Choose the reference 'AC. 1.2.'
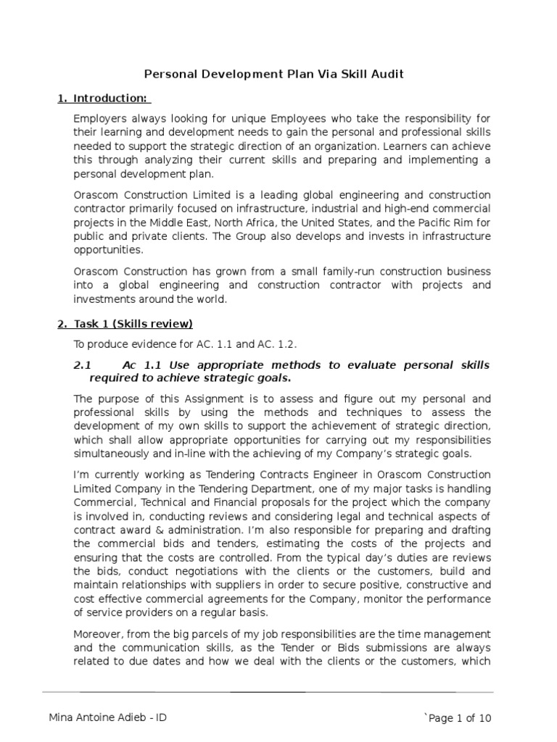tap(276, 343)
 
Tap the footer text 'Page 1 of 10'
tap(458, 717)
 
